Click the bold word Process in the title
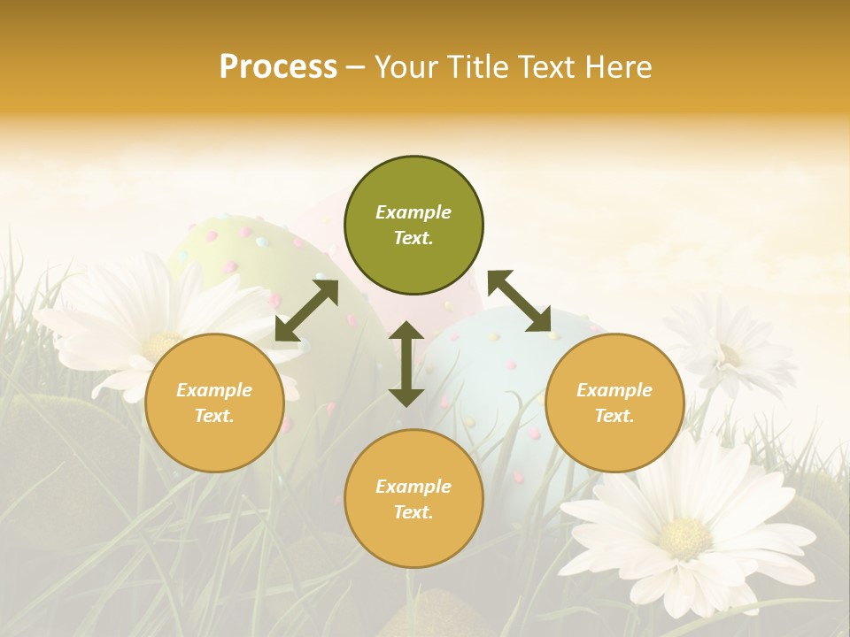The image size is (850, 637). (278, 67)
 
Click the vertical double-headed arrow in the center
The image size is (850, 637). (406, 364)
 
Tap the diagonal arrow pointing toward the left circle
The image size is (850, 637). (306, 311)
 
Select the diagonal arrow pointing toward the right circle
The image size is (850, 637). (519, 301)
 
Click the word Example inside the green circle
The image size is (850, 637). (413, 212)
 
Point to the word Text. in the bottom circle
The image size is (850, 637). (413, 512)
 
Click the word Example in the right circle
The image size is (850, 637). (614, 390)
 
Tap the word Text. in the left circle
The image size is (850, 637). (214, 416)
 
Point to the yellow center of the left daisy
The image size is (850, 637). (160, 345)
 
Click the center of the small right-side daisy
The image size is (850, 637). (730, 355)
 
